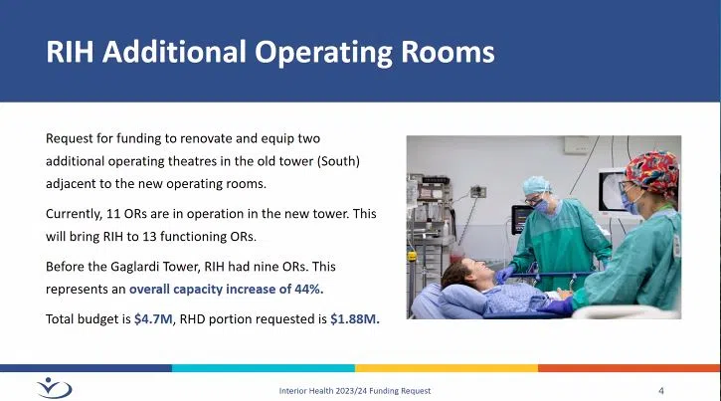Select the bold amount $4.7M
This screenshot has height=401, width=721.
pos(151,319)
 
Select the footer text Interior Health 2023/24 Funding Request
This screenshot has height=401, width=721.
pos(354,390)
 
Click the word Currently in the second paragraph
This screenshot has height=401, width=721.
pos(75,213)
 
